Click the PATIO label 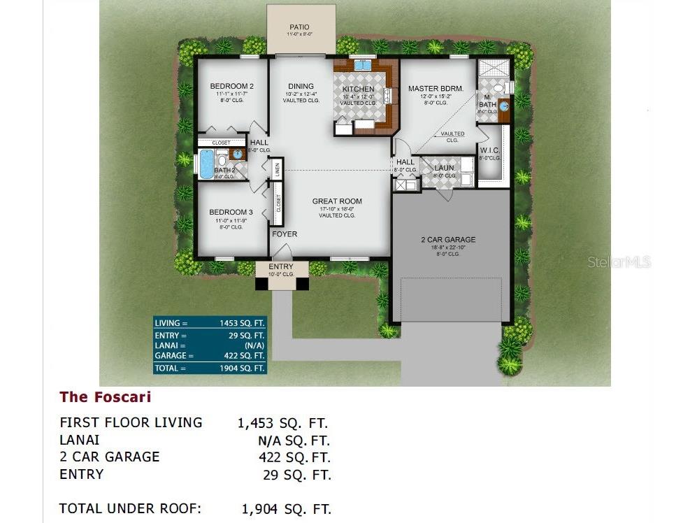299,27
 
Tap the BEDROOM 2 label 231,87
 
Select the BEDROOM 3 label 231,212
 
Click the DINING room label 301,87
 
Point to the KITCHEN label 358,89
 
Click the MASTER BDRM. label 436,89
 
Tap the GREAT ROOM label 337,201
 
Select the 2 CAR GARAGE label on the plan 447,240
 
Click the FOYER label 285,234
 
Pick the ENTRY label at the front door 281,267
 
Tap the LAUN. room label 445,168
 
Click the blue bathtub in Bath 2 206,164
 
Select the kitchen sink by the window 362,66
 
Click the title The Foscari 105,397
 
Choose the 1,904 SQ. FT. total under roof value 286,509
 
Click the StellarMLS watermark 619,262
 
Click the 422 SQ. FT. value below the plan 294,457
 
